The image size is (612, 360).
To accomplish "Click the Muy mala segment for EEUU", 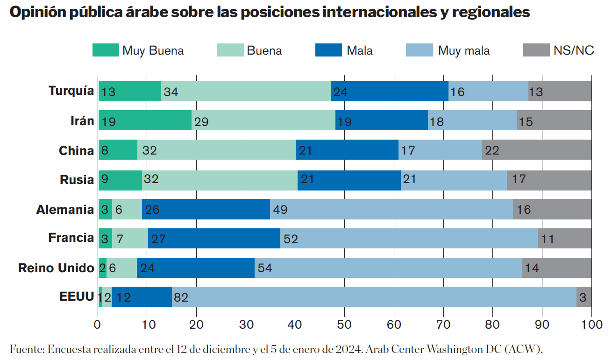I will tap(374, 297).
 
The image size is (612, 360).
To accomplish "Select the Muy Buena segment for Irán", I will tap(145, 121).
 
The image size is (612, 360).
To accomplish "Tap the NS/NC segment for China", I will tap(537, 150).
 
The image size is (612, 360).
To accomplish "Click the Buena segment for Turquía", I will tap(246, 92).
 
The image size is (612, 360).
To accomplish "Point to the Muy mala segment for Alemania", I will tap(391, 209).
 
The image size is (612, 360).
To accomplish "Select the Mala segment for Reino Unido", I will tap(196, 268).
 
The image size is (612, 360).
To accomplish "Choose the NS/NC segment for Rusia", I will tap(549, 180).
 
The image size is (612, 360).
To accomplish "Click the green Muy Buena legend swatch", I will tap(105, 50).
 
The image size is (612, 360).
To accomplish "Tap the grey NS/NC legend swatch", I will tap(536, 50).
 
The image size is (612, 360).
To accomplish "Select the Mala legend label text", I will tap(359, 50).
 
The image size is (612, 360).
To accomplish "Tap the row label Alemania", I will tap(65, 210).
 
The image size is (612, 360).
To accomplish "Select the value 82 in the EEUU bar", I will tap(180, 297).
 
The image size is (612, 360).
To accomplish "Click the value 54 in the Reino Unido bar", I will tap(264, 268).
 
